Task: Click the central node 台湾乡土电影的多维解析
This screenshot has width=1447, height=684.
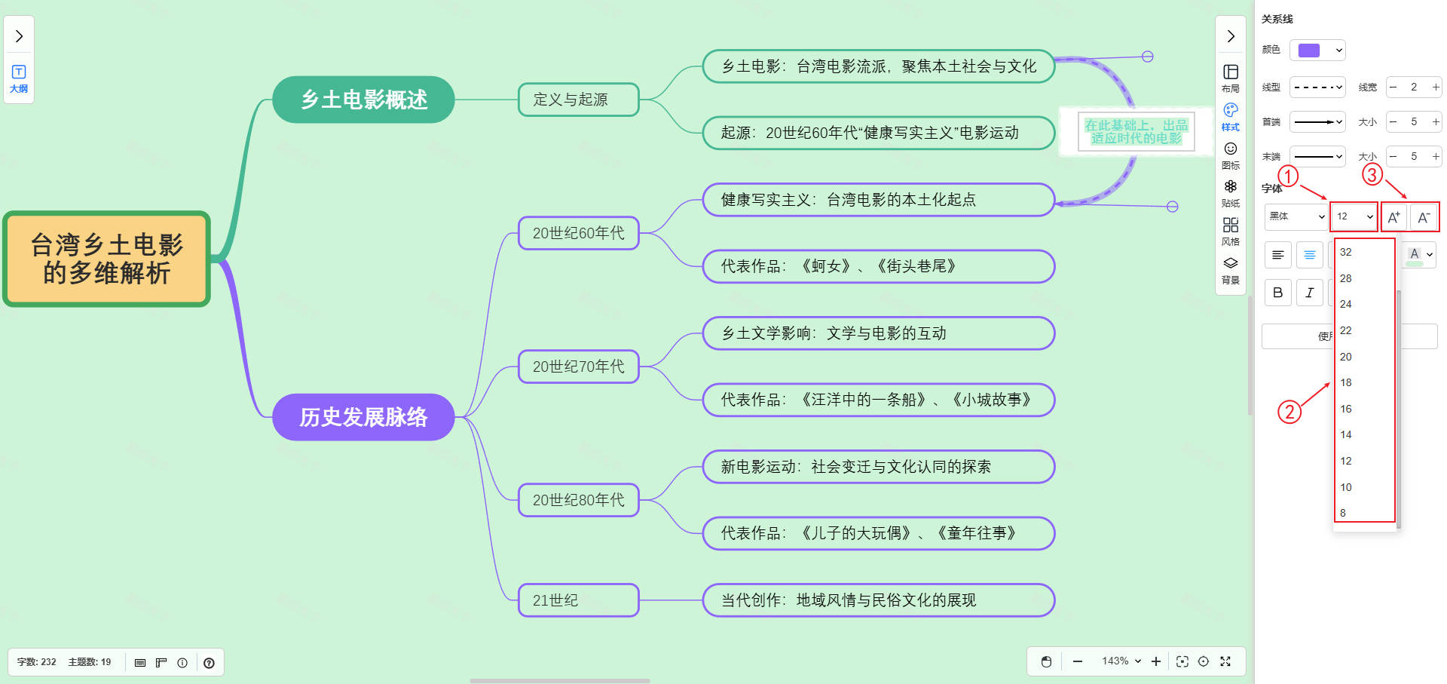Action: coord(106,259)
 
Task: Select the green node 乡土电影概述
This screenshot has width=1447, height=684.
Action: coord(363,100)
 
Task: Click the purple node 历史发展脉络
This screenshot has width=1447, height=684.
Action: coord(363,417)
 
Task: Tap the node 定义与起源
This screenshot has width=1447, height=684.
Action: coord(578,100)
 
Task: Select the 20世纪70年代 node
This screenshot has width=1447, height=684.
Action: coord(578,367)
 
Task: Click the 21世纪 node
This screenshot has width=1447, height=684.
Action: coord(578,600)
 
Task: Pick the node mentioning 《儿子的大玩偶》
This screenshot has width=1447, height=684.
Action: coord(878,533)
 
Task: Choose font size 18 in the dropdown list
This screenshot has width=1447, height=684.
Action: coord(1346,382)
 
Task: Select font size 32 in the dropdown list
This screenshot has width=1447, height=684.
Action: coord(1346,252)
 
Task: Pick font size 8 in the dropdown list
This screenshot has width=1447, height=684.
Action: coord(1343,513)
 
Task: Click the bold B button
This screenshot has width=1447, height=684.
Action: coord(1277,293)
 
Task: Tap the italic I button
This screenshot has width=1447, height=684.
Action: coord(1310,293)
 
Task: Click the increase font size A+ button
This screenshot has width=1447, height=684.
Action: coord(1394,217)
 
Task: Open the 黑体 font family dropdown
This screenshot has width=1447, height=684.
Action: coord(1296,216)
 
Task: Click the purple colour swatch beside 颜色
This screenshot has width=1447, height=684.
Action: coord(1310,51)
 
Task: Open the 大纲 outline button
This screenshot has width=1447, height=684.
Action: coord(19,78)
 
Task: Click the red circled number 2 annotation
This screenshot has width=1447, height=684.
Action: coord(1289,412)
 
